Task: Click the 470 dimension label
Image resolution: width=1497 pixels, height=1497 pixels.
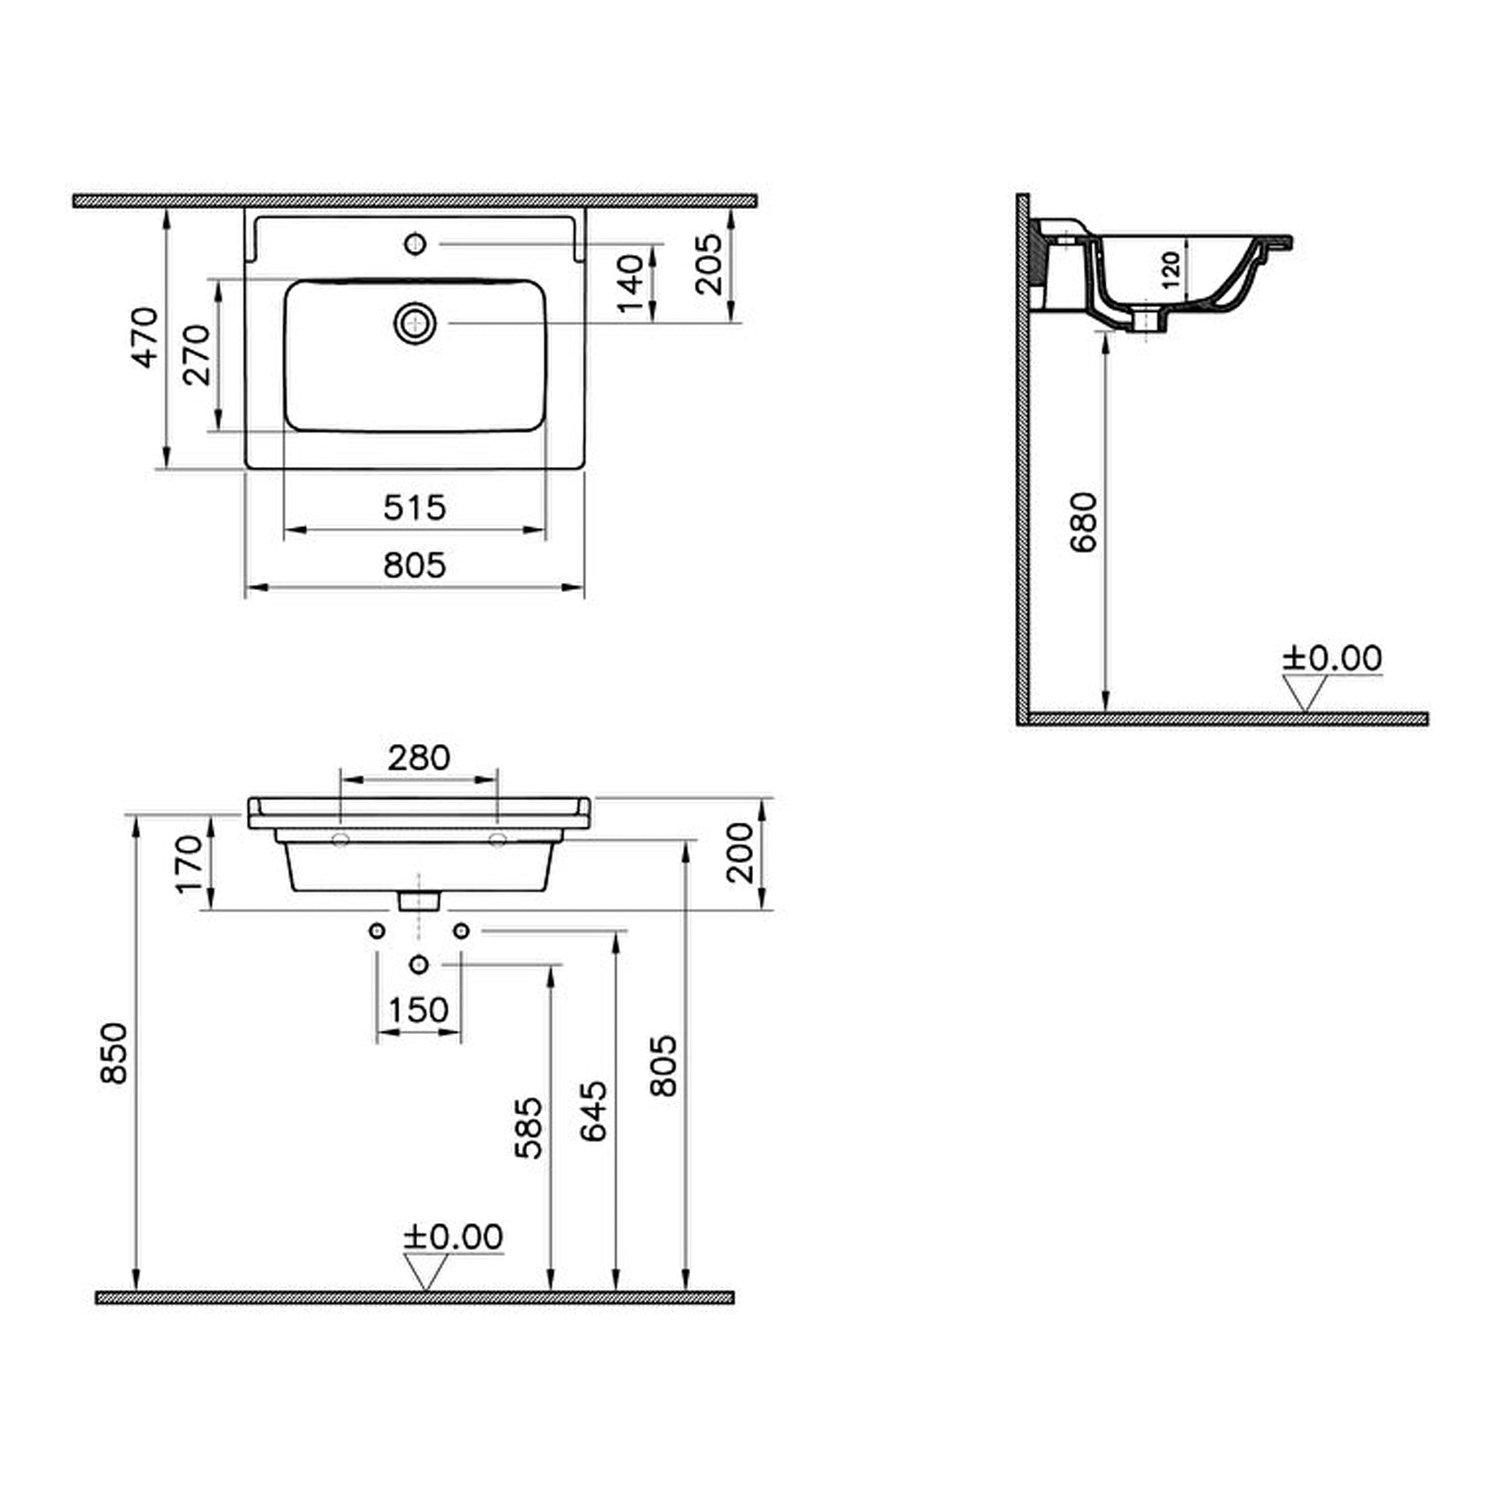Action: (x=144, y=338)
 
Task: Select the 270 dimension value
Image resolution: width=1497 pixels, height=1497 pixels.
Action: (x=196, y=355)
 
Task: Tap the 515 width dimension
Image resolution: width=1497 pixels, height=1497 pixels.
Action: (x=415, y=508)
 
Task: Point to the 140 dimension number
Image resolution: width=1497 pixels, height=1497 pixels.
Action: (x=631, y=283)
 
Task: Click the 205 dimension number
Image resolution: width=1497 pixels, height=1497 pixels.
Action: (x=709, y=264)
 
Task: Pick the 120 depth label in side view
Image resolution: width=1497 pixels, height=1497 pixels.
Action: (x=1170, y=270)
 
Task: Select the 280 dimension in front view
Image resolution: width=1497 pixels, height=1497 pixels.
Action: (x=419, y=758)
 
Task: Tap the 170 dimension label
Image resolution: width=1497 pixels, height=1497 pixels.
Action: (x=189, y=864)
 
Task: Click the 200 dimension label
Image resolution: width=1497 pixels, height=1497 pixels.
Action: (x=740, y=853)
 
